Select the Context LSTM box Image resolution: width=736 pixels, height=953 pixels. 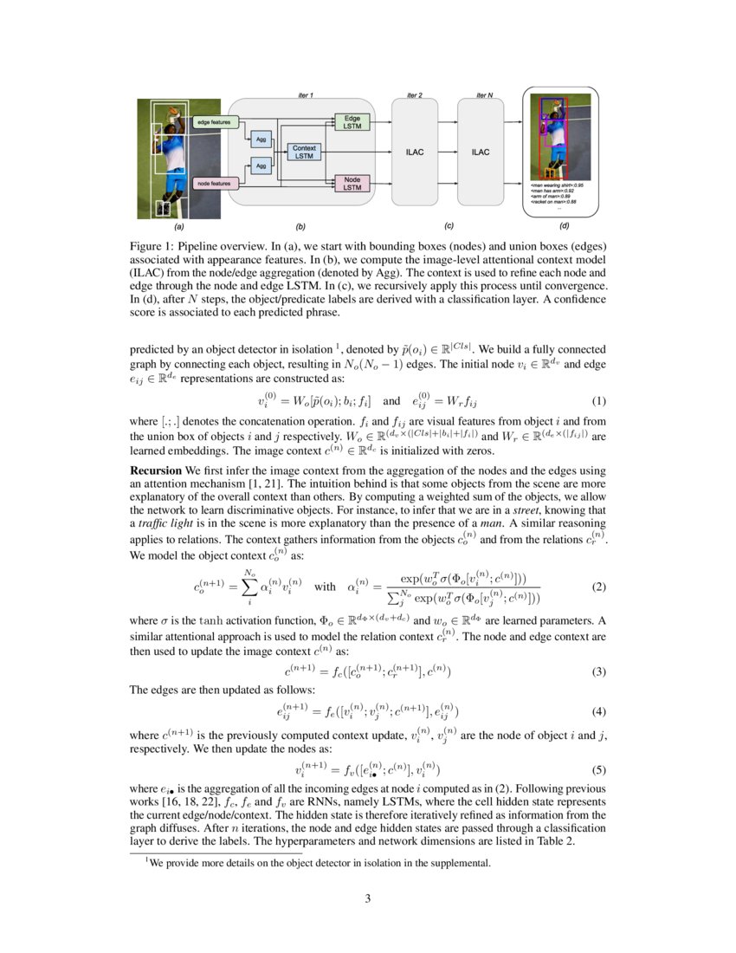click(x=303, y=152)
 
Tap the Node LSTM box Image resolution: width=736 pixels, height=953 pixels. click(x=352, y=183)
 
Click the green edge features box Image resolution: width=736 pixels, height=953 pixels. click(x=213, y=122)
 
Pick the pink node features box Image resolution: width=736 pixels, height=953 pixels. click(x=213, y=183)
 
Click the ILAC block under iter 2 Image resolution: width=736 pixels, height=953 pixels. click(x=415, y=152)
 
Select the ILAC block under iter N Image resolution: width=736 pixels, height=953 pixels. click(x=481, y=152)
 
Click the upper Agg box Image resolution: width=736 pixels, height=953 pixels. click(x=260, y=138)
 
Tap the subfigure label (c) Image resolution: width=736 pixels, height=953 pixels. click(x=449, y=226)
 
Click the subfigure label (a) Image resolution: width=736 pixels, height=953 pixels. click(x=179, y=227)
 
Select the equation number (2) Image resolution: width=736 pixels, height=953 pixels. click(x=597, y=587)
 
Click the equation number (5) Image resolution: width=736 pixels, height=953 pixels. click(x=597, y=768)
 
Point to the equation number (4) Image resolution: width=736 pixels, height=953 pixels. click(x=597, y=712)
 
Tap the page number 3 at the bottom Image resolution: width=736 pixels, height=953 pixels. click(x=367, y=898)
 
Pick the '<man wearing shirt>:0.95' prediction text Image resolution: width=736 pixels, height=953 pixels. click(x=558, y=185)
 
